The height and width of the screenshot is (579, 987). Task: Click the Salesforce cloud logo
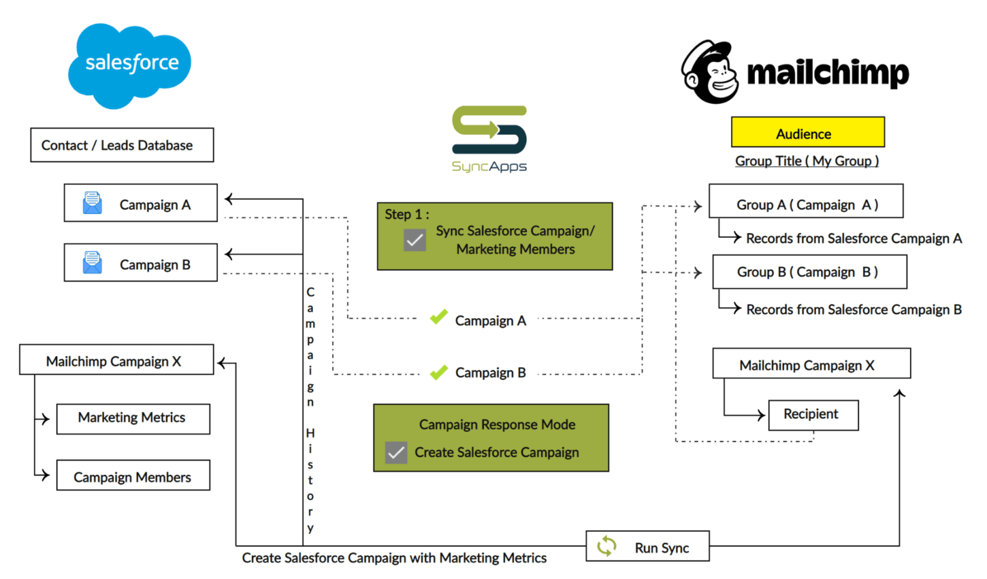click(x=130, y=64)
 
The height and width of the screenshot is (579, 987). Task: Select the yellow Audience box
click(x=807, y=132)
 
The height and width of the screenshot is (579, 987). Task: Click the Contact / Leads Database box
click(x=121, y=145)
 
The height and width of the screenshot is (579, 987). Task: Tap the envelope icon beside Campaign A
click(x=93, y=203)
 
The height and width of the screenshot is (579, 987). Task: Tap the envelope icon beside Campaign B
click(x=93, y=263)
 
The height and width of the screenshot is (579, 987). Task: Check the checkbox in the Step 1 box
click(x=414, y=240)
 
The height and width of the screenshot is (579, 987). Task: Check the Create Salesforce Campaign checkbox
click(x=396, y=452)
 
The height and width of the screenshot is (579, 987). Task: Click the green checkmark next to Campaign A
click(x=439, y=317)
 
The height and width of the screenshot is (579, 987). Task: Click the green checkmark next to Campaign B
click(x=439, y=372)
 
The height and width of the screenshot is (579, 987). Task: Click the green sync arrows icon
click(x=607, y=546)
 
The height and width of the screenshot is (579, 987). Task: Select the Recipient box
click(x=812, y=414)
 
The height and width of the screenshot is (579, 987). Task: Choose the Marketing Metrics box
click(x=132, y=418)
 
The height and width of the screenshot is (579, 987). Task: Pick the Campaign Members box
click(x=132, y=476)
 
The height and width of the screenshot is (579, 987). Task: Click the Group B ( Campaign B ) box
click(x=809, y=272)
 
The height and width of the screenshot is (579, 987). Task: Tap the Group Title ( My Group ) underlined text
click(x=806, y=161)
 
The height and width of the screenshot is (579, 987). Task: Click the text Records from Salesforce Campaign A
click(x=853, y=238)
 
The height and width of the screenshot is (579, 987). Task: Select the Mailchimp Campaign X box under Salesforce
click(x=116, y=360)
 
